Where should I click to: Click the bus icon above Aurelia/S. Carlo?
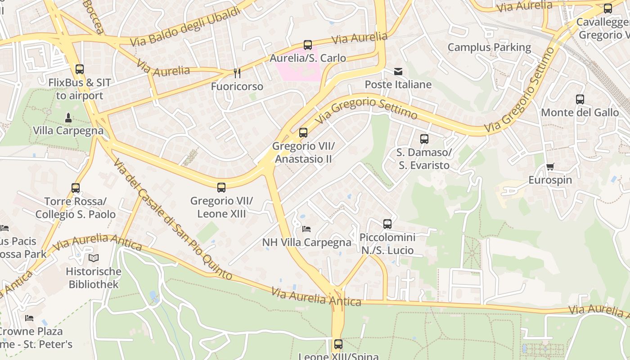[308, 45]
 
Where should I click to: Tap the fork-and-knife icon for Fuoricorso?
[237, 73]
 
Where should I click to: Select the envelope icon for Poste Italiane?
[398, 72]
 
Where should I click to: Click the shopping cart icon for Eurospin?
[550, 167]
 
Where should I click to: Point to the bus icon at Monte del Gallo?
[580, 99]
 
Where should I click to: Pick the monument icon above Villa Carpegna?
[68, 118]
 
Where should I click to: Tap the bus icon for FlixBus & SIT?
[80, 69]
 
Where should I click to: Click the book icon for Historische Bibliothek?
[94, 258]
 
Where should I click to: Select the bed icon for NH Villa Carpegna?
[306, 229]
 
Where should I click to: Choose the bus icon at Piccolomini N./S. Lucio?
[387, 224]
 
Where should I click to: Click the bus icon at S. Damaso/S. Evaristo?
[424, 139]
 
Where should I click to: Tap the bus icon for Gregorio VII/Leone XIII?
[221, 187]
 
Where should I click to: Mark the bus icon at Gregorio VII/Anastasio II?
[303, 133]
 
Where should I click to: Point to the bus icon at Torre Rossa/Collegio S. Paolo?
[76, 188]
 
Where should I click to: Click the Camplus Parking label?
[489, 47]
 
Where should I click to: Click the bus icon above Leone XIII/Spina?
[338, 344]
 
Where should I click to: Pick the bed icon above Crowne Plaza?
[29, 318]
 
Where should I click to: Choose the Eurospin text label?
[550, 180]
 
